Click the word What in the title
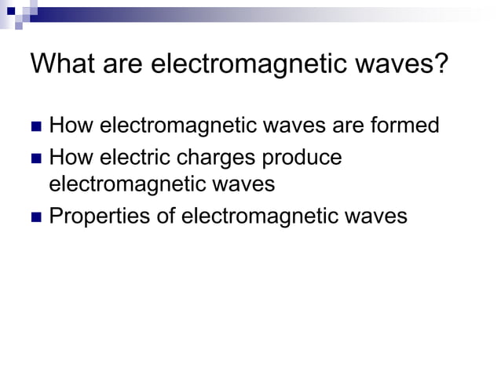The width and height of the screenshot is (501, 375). pos(60,63)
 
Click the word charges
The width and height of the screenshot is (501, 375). pos(217,158)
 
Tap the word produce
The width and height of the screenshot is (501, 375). pos(302,158)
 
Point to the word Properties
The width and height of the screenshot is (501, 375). pos(99,217)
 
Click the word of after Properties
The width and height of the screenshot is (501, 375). pos(165,217)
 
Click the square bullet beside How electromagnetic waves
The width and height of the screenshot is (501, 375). pos(35,126)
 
